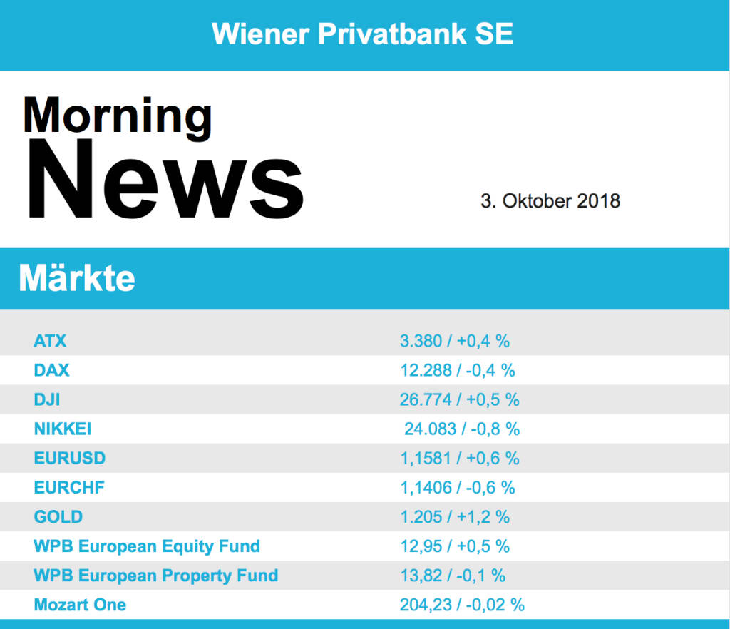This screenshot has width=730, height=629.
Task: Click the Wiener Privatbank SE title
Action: click(363, 34)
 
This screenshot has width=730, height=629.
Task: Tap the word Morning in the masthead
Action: click(118, 115)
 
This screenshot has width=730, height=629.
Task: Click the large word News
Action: click(165, 180)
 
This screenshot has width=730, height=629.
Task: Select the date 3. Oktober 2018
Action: click(550, 201)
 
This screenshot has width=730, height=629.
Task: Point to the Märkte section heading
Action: click(77, 277)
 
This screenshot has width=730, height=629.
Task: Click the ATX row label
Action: click(50, 341)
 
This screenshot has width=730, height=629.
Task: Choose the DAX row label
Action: click(52, 370)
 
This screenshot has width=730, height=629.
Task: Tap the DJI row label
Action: click(47, 399)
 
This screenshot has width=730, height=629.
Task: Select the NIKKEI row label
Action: click(63, 429)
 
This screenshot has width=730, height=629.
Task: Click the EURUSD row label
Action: click(70, 458)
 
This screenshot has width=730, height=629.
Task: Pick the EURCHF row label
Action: click(69, 488)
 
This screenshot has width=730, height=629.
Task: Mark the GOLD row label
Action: click(58, 517)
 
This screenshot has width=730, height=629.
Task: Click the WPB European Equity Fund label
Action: click(147, 546)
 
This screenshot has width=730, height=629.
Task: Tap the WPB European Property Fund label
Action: click(156, 576)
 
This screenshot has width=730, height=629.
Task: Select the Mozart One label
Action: click(80, 605)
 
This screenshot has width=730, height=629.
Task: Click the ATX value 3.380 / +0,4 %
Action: click(455, 341)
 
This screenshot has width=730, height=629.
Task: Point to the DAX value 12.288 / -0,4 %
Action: click(458, 370)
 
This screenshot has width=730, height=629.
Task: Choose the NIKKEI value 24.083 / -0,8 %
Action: click(462, 429)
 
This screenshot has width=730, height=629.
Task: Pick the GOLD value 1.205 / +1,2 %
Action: click(455, 517)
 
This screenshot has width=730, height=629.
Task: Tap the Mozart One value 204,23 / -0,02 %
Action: click(462, 605)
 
